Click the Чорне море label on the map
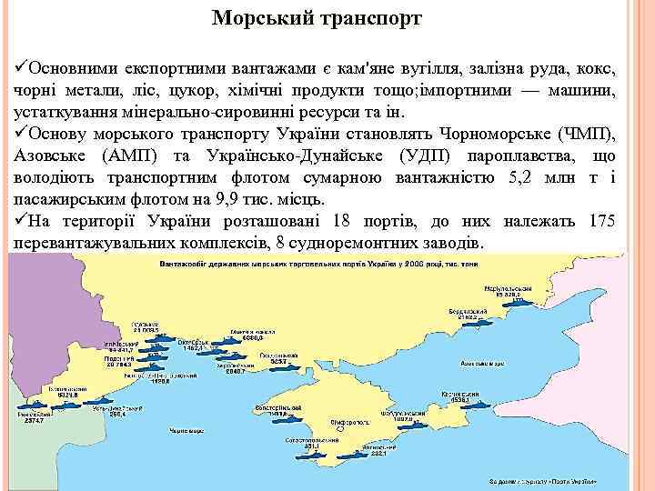coord(189,426)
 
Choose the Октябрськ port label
coord(196,343)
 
